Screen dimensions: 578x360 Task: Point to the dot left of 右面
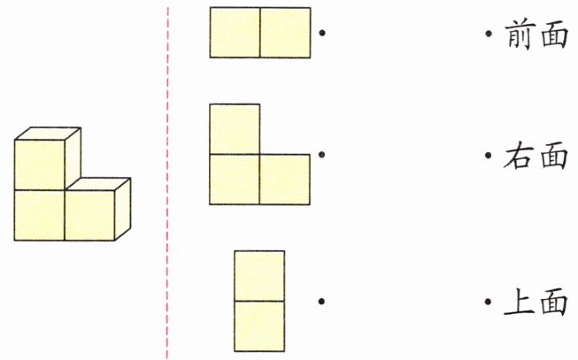tap(488, 157)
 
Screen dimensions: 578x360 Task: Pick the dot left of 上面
tap(488, 302)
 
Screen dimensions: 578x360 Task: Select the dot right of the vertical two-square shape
tap(321, 302)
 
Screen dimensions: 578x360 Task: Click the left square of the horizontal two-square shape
tap(235, 33)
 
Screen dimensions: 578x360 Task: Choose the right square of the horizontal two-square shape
tap(285, 33)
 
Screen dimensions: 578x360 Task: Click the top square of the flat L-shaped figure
tap(235, 129)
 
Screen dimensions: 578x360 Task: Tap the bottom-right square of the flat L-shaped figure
tap(285, 180)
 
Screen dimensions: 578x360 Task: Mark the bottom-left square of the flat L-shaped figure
tap(235, 180)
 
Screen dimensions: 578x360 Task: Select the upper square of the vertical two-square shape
tap(259, 276)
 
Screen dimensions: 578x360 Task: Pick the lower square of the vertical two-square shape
tap(259, 326)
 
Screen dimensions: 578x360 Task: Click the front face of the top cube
tap(39, 165)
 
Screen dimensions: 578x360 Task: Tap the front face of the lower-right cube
tap(89, 215)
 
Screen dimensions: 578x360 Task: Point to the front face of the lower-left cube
tap(39, 215)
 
